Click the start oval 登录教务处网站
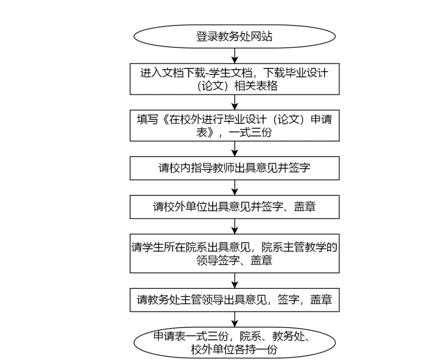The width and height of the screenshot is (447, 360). (235, 36)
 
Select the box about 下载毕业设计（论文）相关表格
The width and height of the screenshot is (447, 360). (235, 79)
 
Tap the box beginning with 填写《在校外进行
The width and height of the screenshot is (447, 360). (235, 126)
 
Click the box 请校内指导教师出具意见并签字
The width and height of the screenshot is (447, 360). (235, 168)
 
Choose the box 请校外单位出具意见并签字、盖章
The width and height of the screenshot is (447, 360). (235, 207)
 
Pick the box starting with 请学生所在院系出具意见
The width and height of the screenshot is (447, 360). (235, 253)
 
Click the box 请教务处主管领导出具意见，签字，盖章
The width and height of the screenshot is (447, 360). (235, 300)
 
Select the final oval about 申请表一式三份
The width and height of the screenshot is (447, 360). (235, 343)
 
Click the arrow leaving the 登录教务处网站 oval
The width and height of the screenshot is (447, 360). (235, 56)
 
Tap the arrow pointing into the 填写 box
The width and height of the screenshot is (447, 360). (235, 102)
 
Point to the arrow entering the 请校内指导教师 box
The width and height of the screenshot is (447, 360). (235, 149)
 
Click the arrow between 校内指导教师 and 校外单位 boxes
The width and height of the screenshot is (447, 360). (235, 187)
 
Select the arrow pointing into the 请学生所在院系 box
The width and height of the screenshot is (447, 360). (235, 226)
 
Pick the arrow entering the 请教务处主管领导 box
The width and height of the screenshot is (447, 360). (235, 280)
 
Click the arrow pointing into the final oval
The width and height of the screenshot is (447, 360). (235, 319)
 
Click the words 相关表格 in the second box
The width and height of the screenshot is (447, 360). (256, 86)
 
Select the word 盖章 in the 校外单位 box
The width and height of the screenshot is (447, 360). (305, 207)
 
